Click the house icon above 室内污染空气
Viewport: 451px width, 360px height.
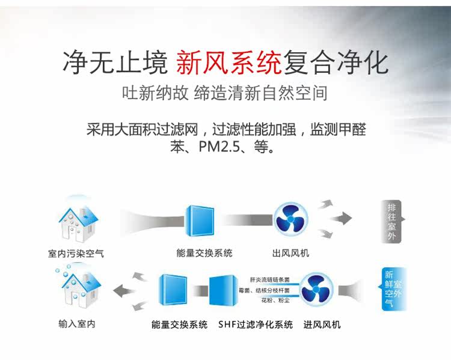[76, 220]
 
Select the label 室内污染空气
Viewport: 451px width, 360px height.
[76, 254]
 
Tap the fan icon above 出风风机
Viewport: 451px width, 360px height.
[292, 218]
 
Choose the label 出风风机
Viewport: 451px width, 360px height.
[291, 254]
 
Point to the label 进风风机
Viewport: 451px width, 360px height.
[322, 325]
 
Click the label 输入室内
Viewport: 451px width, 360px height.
[76, 325]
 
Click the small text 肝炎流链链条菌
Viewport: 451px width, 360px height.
[269, 279]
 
